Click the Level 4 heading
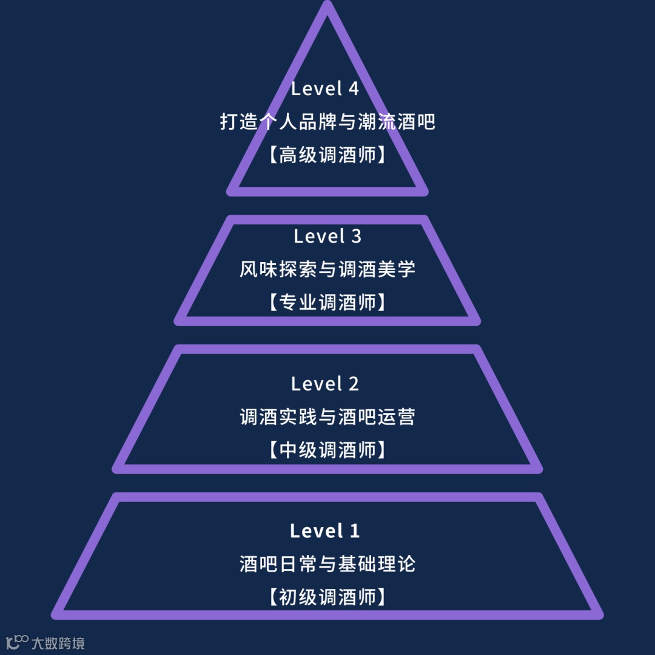325,89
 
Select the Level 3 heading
327,236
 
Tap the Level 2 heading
325,383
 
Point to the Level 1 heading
325,531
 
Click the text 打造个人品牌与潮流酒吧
327,122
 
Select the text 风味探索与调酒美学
327,269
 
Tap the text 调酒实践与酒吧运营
327,417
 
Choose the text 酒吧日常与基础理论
327,565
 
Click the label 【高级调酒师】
327,155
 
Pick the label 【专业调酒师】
327,302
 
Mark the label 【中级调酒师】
327,450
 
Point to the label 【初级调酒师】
327,597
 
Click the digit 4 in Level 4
353,89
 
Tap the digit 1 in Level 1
354,531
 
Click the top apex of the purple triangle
327,6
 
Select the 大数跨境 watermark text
58,643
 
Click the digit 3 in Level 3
355,236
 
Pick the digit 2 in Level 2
353,383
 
